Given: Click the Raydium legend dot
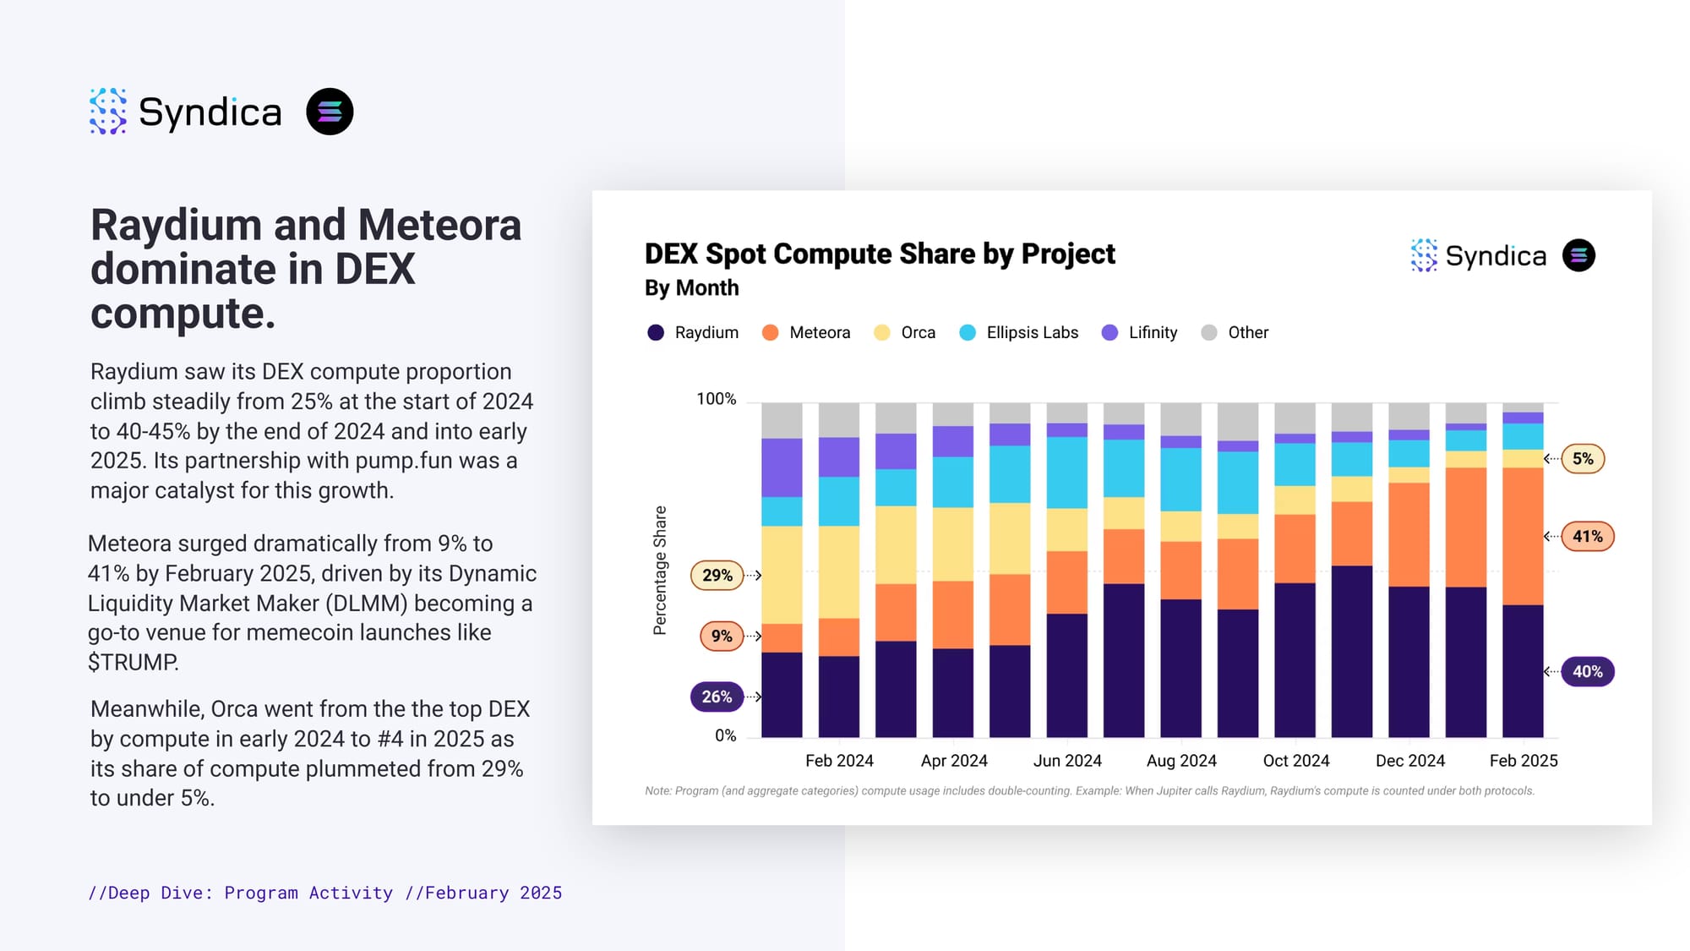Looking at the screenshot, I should [x=656, y=333].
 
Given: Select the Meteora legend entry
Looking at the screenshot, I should [x=806, y=333].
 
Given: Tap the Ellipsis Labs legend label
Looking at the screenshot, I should [x=1032, y=333].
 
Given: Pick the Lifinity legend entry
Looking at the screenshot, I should [x=1140, y=333].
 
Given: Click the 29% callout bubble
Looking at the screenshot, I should [x=717, y=576].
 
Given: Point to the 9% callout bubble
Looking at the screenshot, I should [x=721, y=636].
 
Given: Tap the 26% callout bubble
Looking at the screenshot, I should [x=717, y=697].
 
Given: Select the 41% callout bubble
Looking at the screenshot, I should [x=1587, y=537].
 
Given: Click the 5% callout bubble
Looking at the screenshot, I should [x=1583, y=459].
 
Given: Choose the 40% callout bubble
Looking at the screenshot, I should [x=1587, y=672].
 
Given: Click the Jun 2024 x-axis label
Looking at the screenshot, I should [x=1067, y=761].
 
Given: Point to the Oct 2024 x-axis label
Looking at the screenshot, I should [x=1295, y=761].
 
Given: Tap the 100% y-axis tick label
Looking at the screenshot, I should [x=716, y=399].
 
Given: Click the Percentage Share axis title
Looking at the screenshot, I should [x=660, y=571].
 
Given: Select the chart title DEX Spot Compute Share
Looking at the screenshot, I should [x=879, y=254].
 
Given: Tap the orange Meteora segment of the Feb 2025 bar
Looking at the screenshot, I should [x=1523, y=536].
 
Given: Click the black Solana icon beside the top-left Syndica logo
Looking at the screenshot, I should [x=330, y=112].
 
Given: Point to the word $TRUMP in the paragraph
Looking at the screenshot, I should [x=133, y=662].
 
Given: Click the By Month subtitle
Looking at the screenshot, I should [x=691, y=288].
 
